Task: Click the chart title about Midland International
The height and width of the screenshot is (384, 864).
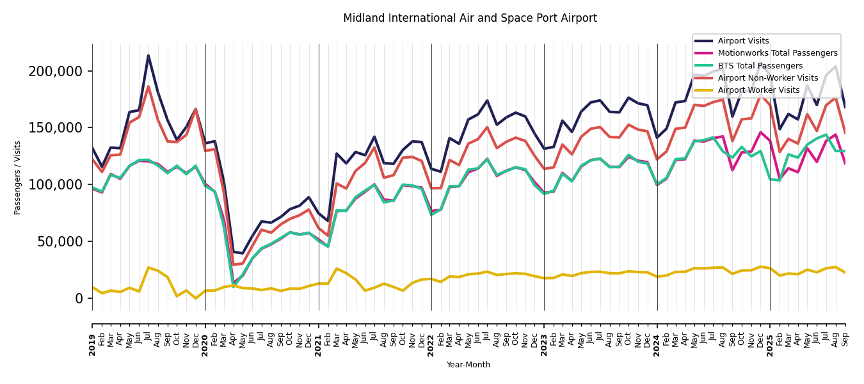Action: [470, 19]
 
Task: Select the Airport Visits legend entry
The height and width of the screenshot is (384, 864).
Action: [743, 41]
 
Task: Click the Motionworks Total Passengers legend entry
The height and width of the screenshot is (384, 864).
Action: [777, 53]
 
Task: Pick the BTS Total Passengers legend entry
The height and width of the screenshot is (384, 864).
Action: [760, 66]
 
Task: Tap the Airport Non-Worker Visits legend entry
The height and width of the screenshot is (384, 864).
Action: [767, 78]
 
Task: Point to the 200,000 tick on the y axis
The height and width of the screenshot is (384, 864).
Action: [56, 71]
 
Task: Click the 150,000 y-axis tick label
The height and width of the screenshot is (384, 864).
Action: [56, 128]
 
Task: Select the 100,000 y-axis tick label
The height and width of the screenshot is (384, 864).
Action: [56, 185]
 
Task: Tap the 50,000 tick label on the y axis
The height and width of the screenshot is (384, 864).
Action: [59, 242]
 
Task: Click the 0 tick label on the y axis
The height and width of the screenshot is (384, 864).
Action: [79, 299]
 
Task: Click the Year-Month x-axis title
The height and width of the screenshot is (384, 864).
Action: [468, 365]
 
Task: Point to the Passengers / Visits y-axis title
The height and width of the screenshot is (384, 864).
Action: [18, 177]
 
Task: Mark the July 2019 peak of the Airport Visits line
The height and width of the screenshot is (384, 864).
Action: [148, 56]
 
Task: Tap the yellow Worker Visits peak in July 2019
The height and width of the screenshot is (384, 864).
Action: [148, 268]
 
